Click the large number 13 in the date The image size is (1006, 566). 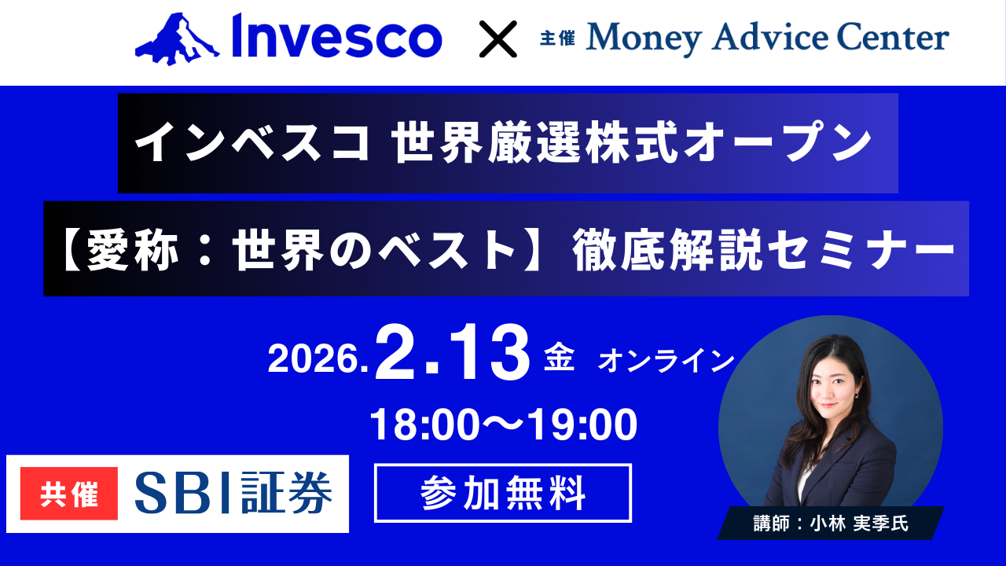490,355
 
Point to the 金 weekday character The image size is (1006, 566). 560,359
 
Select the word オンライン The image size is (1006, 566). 666,361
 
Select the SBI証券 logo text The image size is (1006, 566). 233,494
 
